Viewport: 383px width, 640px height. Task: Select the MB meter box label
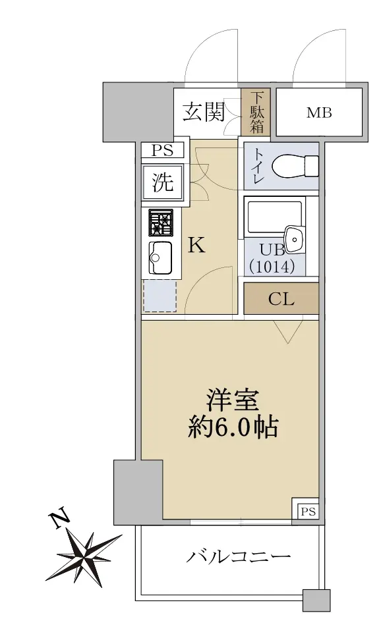[318, 113]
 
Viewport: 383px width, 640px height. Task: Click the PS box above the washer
[162, 151]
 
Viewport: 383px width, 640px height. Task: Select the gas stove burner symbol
[161, 223]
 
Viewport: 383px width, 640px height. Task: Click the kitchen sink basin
[160, 257]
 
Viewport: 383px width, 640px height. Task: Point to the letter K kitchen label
[196, 246]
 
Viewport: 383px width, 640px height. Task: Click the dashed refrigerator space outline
[160, 295]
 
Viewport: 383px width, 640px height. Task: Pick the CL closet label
[281, 299]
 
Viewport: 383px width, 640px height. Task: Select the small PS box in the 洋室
[307, 511]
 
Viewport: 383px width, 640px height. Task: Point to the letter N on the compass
[60, 520]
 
